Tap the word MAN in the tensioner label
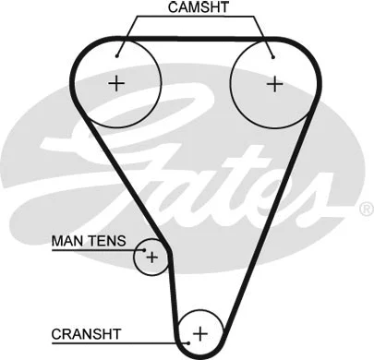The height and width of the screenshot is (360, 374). coord(66,242)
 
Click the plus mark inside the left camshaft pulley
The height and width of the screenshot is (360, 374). coord(116,84)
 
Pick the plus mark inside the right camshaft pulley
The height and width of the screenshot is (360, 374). coord(274,84)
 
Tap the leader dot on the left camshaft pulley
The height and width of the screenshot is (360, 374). coord(119,53)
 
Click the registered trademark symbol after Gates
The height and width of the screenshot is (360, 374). coord(363,210)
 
